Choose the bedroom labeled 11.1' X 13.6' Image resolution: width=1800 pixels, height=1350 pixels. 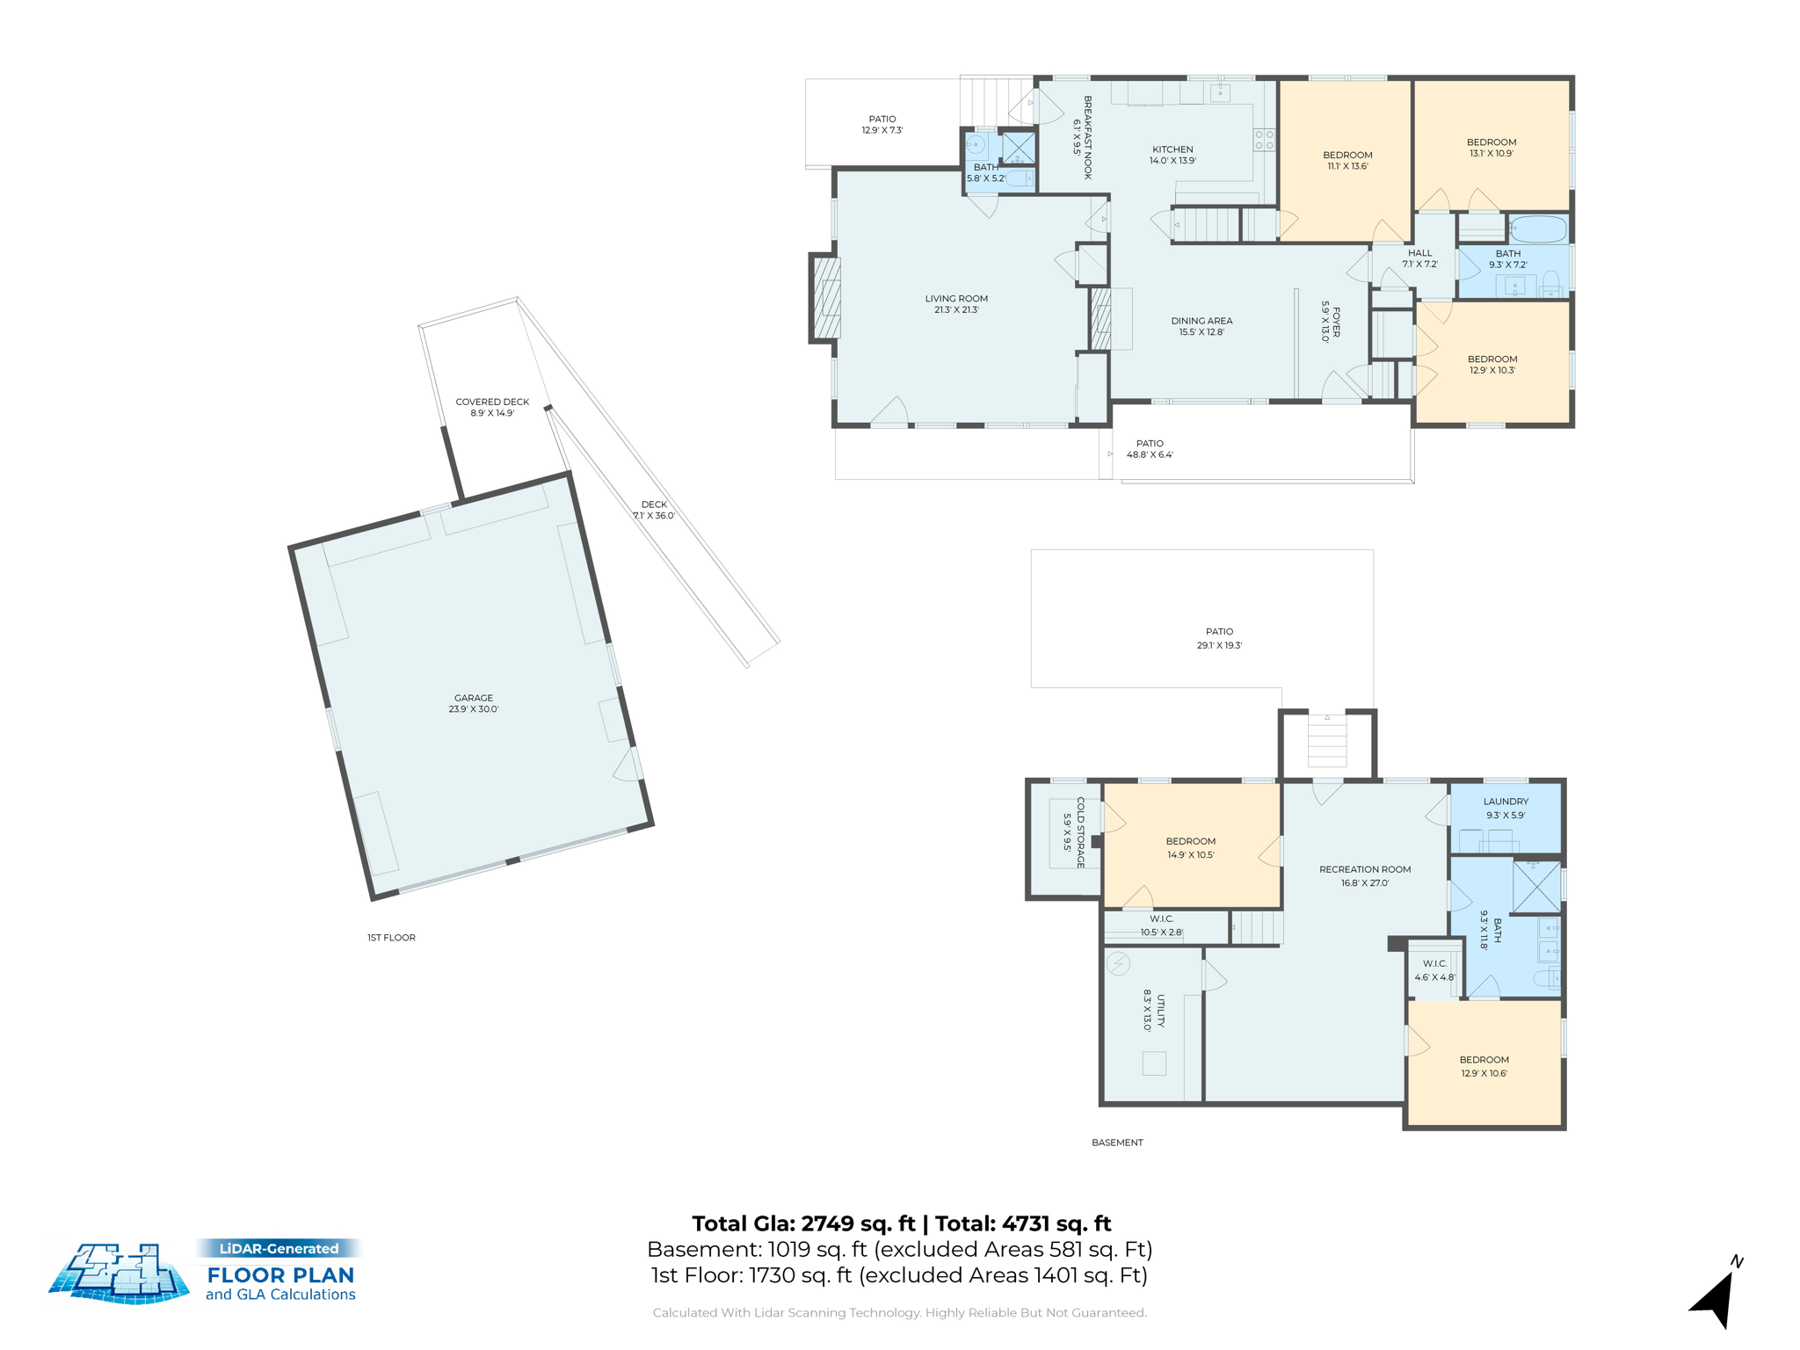pyautogui.click(x=1347, y=160)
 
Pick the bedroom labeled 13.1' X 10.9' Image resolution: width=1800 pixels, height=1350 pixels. pyautogui.click(x=1492, y=148)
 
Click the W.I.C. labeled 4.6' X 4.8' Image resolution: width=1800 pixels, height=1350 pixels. pyautogui.click(x=1434, y=970)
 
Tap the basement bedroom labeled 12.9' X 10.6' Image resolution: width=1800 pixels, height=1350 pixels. pyautogui.click(x=1484, y=1066)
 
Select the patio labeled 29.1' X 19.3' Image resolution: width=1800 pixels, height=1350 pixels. pyautogui.click(x=1219, y=638)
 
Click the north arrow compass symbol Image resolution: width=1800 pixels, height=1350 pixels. pyautogui.click(x=1717, y=1296)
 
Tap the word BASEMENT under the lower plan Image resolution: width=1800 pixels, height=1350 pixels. pyautogui.click(x=1117, y=1143)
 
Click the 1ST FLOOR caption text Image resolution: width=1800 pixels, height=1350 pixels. pyautogui.click(x=391, y=938)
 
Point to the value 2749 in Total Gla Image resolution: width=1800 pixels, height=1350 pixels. pyautogui.click(x=827, y=1223)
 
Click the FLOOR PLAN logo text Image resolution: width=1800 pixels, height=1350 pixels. pyautogui.click(x=280, y=1274)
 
